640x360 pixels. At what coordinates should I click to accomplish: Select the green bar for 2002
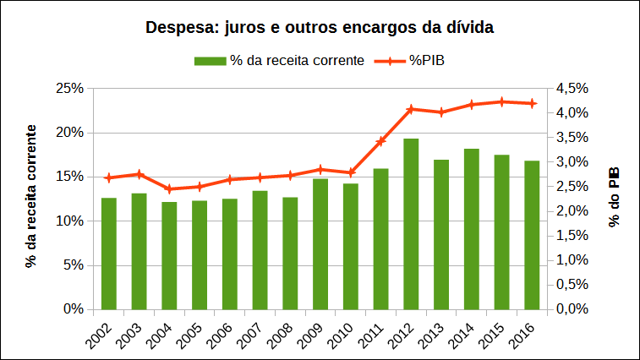(x=109, y=254)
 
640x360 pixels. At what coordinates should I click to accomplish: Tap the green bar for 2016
(x=532, y=235)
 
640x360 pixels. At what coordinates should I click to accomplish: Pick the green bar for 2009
(x=320, y=243)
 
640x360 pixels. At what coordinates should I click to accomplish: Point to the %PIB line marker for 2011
(x=381, y=141)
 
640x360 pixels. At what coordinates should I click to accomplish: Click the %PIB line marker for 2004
(x=169, y=189)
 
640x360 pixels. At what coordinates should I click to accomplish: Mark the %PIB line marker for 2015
(x=502, y=101)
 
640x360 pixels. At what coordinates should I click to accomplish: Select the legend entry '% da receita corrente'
(x=280, y=61)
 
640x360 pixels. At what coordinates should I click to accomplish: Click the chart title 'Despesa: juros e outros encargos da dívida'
(x=320, y=27)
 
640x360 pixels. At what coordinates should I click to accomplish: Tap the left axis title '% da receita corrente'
(x=31, y=197)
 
